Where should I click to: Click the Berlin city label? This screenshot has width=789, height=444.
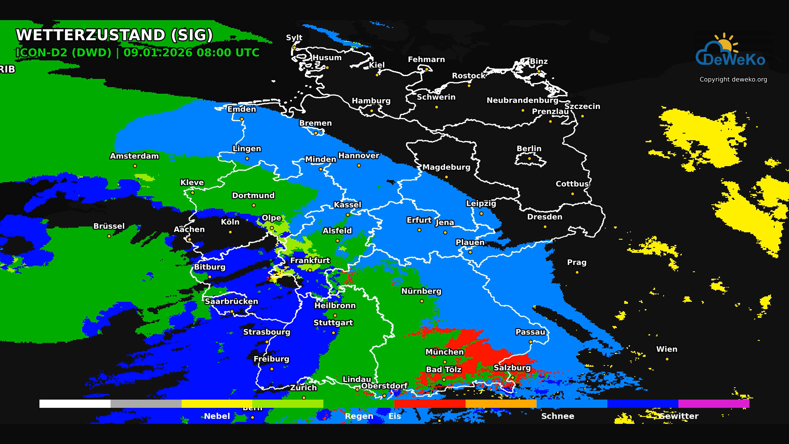pyautogui.click(x=529, y=148)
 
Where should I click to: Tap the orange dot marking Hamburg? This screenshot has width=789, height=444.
pyautogui.click(x=371, y=111)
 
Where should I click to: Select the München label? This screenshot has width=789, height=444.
pyautogui.click(x=445, y=352)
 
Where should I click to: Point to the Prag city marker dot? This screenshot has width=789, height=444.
pyautogui.click(x=577, y=272)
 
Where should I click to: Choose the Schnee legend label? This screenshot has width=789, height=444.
pyautogui.click(x=558, y=416)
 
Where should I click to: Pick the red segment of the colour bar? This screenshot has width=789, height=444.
pyautogui.click(x=430, y=404)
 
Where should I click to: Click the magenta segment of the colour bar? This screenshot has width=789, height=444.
pyautogui.click(x=714, y=404)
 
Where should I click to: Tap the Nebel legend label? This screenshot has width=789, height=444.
pyautogui.click(x=217, y=416)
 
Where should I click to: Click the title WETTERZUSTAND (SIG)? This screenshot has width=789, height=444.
pyautogui.click(x=114, y=35)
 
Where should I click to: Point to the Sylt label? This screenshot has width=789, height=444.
pyautogui.click(x=294, y=37)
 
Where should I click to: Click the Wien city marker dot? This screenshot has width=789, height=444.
pyautogui.click(x=667, y=359)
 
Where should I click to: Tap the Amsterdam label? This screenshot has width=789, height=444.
pyautogui.click(x=134, y=156)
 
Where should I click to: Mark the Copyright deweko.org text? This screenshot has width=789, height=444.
pyautogui.click(x=733, y=79)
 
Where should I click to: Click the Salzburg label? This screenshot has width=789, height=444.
pyautogui.click(x=512, y=368)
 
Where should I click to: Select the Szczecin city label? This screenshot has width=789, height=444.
pyautogui.click(x=582, y=106)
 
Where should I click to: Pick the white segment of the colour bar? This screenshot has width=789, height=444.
pyautogui.click(x=75, y=404)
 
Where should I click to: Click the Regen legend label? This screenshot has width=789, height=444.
pyautogui.click(x=359, y=416)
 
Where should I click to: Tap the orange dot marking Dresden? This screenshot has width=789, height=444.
pyautogui.click(x=545, y=227)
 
